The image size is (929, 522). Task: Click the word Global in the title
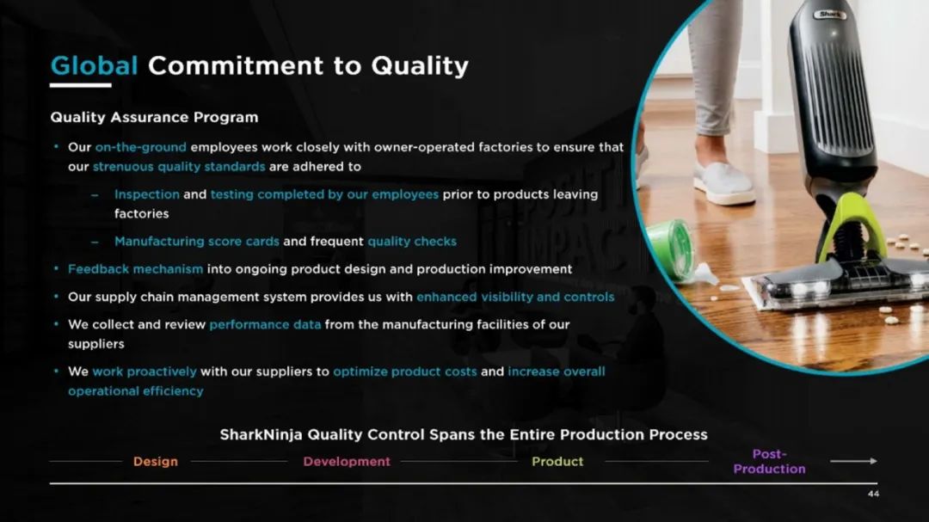[x=95, y=65]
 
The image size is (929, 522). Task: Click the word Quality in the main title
[x=420, y=66]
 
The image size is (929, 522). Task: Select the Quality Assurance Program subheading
[x=154, y=117]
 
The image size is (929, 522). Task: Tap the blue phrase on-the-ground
[x=141, y=147]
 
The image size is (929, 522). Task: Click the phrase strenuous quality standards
[x=179, y=167]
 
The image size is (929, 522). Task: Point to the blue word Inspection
[x=147, y=194]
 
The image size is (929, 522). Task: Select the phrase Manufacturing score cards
[x=197, y=241]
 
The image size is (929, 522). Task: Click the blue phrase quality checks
[x=412, y=241]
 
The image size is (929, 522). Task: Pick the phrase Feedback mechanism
[x=136, y=269]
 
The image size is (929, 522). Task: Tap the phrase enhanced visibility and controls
[x=515, y=297]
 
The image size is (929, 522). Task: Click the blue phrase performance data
[x=266, y=325]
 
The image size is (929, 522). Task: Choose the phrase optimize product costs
[x=404, y=372]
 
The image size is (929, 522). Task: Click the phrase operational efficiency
[x=136, y=391]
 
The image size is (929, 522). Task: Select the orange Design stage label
[x=155, y=462]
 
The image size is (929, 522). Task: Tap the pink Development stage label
[x=347, y=462]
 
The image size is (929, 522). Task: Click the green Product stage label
[x=557, y=462]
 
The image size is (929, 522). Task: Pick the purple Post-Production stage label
[x=770, y=462]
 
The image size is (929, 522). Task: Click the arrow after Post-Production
[x=854, y=461]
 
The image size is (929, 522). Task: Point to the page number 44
[x=873, y=494]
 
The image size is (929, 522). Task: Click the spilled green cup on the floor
[x=671, y=247]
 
